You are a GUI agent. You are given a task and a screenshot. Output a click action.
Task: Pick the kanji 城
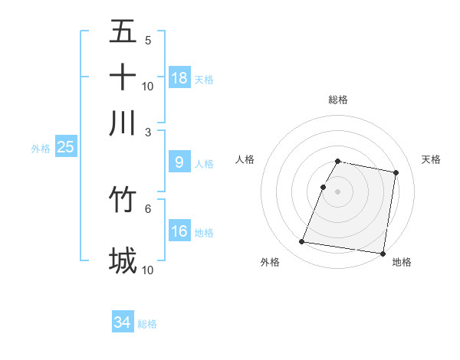click(x=123, y=261)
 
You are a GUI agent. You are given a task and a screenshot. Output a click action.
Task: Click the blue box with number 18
click(x=179, y=77)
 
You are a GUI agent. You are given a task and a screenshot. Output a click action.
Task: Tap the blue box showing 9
click(x=179, y=162)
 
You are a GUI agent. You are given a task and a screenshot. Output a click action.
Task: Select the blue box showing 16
click(x=179, y=231)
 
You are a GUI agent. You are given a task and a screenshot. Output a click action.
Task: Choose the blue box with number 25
click(x=66, y=147)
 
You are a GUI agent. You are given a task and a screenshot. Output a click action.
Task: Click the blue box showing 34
click(x=123, y=322)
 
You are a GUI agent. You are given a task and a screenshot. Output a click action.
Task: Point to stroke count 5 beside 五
click(x=148, y=40)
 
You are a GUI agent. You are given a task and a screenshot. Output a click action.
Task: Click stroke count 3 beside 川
click(x=148, y=132)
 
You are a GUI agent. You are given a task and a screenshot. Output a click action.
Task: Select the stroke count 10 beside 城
click(x=148, y=270)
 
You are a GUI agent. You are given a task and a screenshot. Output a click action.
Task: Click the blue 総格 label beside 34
click(x=147, y=324)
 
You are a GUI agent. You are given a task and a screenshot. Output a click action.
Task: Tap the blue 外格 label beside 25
click(x=41, y=149)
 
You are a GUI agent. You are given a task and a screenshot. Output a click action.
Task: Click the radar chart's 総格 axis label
click(x=338, y=100)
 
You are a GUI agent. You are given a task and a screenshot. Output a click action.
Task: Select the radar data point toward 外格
click(x=302, y=242)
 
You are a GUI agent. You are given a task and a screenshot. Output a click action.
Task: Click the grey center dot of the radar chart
click(x=338, y=191)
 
